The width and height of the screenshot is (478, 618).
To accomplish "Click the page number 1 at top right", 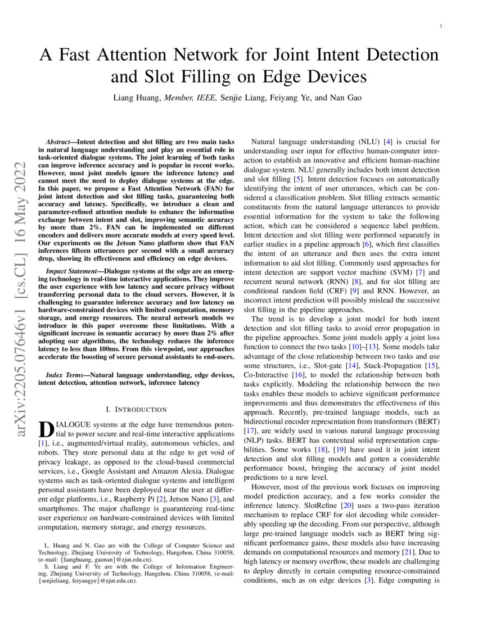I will tap(441, 26).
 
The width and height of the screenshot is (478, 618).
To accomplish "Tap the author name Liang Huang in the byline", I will tap(137, 98).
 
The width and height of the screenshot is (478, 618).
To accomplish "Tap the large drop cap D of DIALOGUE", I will tap(46, 430).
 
